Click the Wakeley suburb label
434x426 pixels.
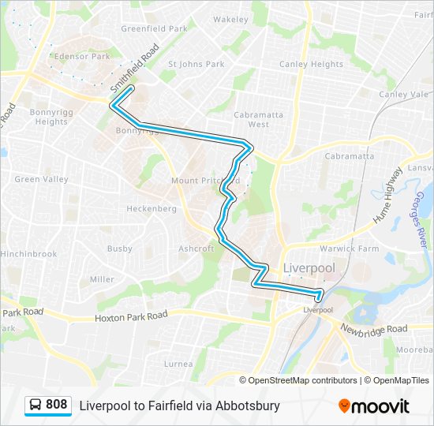[230, 19]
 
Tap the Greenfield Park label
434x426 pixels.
[154, 28]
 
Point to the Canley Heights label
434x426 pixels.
[311, 64]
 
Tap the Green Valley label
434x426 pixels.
[37, 179]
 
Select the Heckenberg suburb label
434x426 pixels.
[152, 209]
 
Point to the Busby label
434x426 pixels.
[120, 248]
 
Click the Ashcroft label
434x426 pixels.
[196, 248]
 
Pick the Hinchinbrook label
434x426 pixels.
[28, 254]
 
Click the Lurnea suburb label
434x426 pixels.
[178, 364]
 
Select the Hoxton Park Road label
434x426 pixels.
[131, 316]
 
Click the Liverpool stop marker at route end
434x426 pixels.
[319, 297]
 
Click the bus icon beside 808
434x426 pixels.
[36, 405]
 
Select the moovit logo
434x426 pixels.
[374, 405]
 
